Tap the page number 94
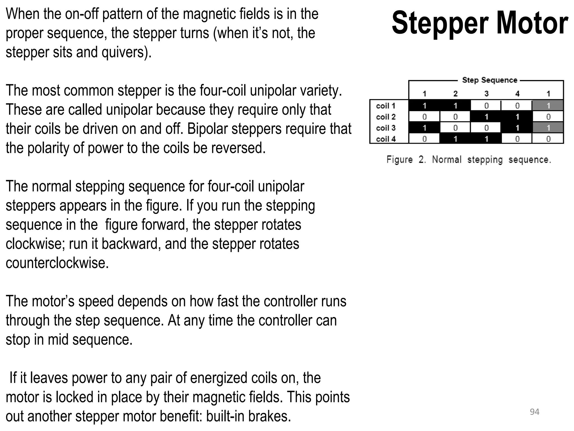pos(534,412)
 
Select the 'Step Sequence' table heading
pos(489,80)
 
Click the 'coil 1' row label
pos(386,106)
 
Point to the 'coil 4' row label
pos(386,139)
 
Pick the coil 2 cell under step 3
pos(486,117)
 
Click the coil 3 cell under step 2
pos(455,128)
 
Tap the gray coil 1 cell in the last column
pos(548,106)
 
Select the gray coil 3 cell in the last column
pos(548,128)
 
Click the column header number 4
pos(517,93)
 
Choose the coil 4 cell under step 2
pos(455,139)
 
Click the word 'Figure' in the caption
pos(399,160)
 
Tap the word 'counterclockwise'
pos(57,263)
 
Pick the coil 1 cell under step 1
pos(424,106)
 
